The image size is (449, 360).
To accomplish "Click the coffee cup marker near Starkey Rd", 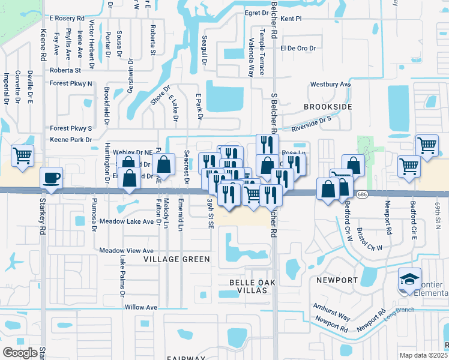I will point(51,178).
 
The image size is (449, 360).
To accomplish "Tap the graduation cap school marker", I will point(409,279).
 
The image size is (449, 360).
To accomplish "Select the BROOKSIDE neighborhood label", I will point(327,106).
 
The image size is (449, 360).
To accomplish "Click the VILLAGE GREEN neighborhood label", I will point(177,259).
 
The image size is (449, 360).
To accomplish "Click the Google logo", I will point(20,352).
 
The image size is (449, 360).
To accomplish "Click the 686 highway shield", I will point(361,194).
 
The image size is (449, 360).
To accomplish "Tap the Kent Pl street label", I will point(290,19).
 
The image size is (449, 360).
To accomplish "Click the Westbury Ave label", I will point(330,85).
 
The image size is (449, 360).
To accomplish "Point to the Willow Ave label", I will point(140,307).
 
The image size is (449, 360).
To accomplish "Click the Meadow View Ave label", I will point(127,250).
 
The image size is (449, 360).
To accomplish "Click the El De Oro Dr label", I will point(298,48).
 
